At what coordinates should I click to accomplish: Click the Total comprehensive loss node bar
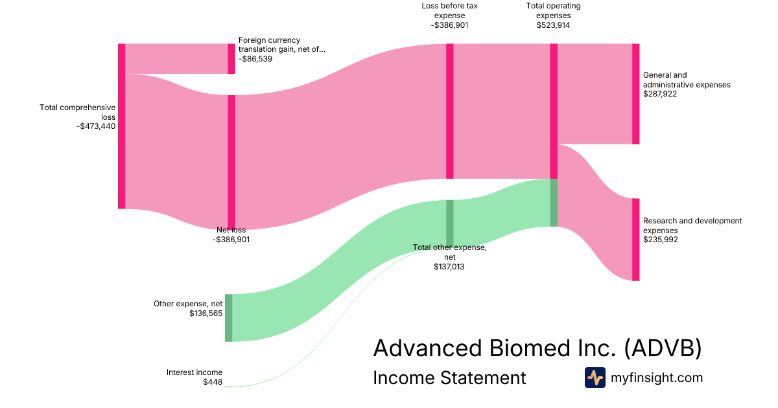[x=121, y=126]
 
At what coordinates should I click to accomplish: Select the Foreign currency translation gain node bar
[x=231, y=59]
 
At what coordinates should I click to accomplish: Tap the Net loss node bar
[x=231, y=162]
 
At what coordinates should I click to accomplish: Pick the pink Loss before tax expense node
[x=449, y=111]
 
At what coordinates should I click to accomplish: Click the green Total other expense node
[x=449, y=223]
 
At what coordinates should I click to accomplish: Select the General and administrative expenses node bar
[x=635, y=94]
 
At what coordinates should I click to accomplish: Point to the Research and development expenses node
[x=635, y=240]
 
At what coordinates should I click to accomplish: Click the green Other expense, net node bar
[x=228, y=317]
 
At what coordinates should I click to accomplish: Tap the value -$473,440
[x=95, y=126]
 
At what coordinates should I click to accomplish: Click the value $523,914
[x=553, y=25]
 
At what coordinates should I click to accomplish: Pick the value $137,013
[x=449, y=266]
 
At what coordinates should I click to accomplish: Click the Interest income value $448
[x=213, y=382]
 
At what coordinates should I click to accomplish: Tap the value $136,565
[x=206, y=313]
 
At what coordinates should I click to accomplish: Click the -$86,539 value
[x=255, y=58]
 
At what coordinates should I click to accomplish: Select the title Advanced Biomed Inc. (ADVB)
[x=537, y=348]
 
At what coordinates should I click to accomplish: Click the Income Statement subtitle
[x=449, y=378]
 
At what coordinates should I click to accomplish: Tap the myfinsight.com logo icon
[x=595, y=378]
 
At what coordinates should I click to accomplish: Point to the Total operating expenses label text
[x=553, y=10]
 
